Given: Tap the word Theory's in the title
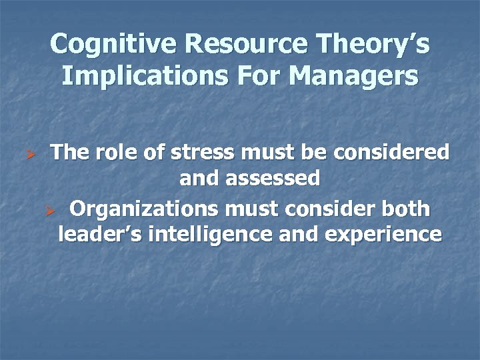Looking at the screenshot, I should point(375,45).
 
